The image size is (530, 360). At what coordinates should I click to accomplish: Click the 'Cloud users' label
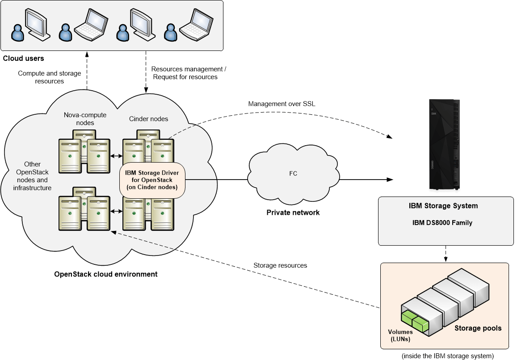click(23, 59)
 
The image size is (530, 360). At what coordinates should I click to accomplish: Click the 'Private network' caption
click(293, 213)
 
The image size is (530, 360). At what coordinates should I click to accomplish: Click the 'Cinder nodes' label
click(148, 119)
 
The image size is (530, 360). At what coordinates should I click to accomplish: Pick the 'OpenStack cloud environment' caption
click(105, 274)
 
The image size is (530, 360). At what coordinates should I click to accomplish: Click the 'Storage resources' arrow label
click(280, 265)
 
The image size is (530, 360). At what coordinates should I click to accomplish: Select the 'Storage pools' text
click(478, 328)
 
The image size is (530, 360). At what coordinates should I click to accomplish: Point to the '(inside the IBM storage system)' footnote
click(447, 356)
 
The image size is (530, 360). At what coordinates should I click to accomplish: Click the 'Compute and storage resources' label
click(49, 77)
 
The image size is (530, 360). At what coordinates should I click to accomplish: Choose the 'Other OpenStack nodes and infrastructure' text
click(32, 176)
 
